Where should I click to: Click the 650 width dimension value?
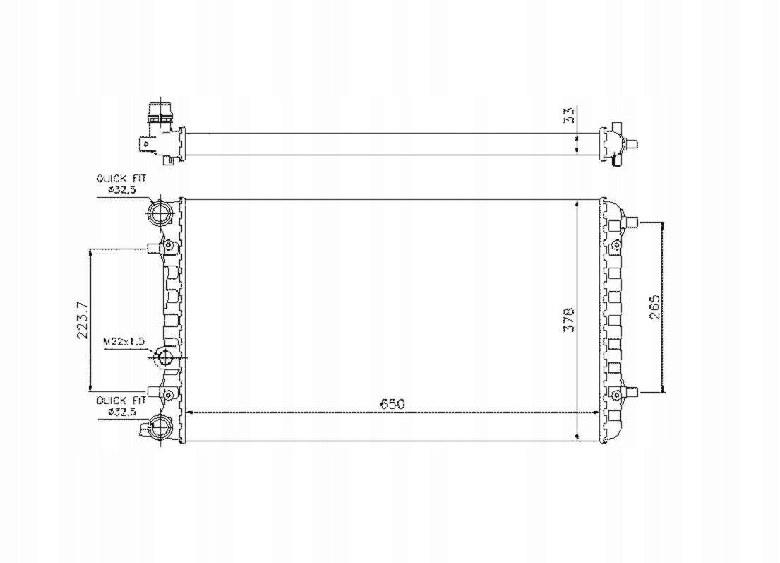(392, 404)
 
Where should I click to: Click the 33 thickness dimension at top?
(568, 115)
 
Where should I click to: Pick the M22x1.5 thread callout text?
(124, 341)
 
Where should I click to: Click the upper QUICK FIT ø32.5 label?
(121, 184)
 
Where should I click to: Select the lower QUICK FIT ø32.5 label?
(121, 405)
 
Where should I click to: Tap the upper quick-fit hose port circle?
(160, 214)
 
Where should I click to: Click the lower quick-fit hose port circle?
(160, 427)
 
